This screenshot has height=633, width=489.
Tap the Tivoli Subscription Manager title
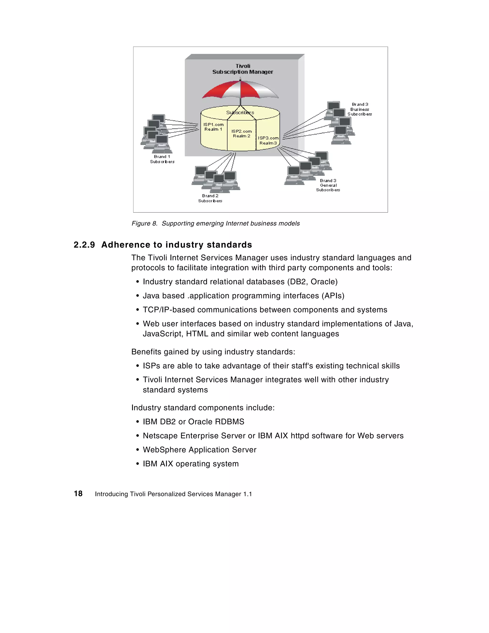[243, 69]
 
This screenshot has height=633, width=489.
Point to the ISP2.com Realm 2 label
[241, 134]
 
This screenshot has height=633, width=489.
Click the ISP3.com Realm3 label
[268, 141]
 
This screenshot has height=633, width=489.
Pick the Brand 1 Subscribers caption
[162, 159]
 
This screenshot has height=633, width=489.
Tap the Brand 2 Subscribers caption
[210, 198]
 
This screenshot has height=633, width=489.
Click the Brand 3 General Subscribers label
[328, 185]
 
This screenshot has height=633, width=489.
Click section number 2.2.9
[84, 245]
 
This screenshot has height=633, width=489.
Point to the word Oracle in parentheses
[323, 282]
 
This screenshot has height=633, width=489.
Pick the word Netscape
[160, 436]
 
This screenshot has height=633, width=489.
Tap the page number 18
[78, 494]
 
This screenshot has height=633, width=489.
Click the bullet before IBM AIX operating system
[138, 464]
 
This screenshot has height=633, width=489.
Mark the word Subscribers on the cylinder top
[240, 112]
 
